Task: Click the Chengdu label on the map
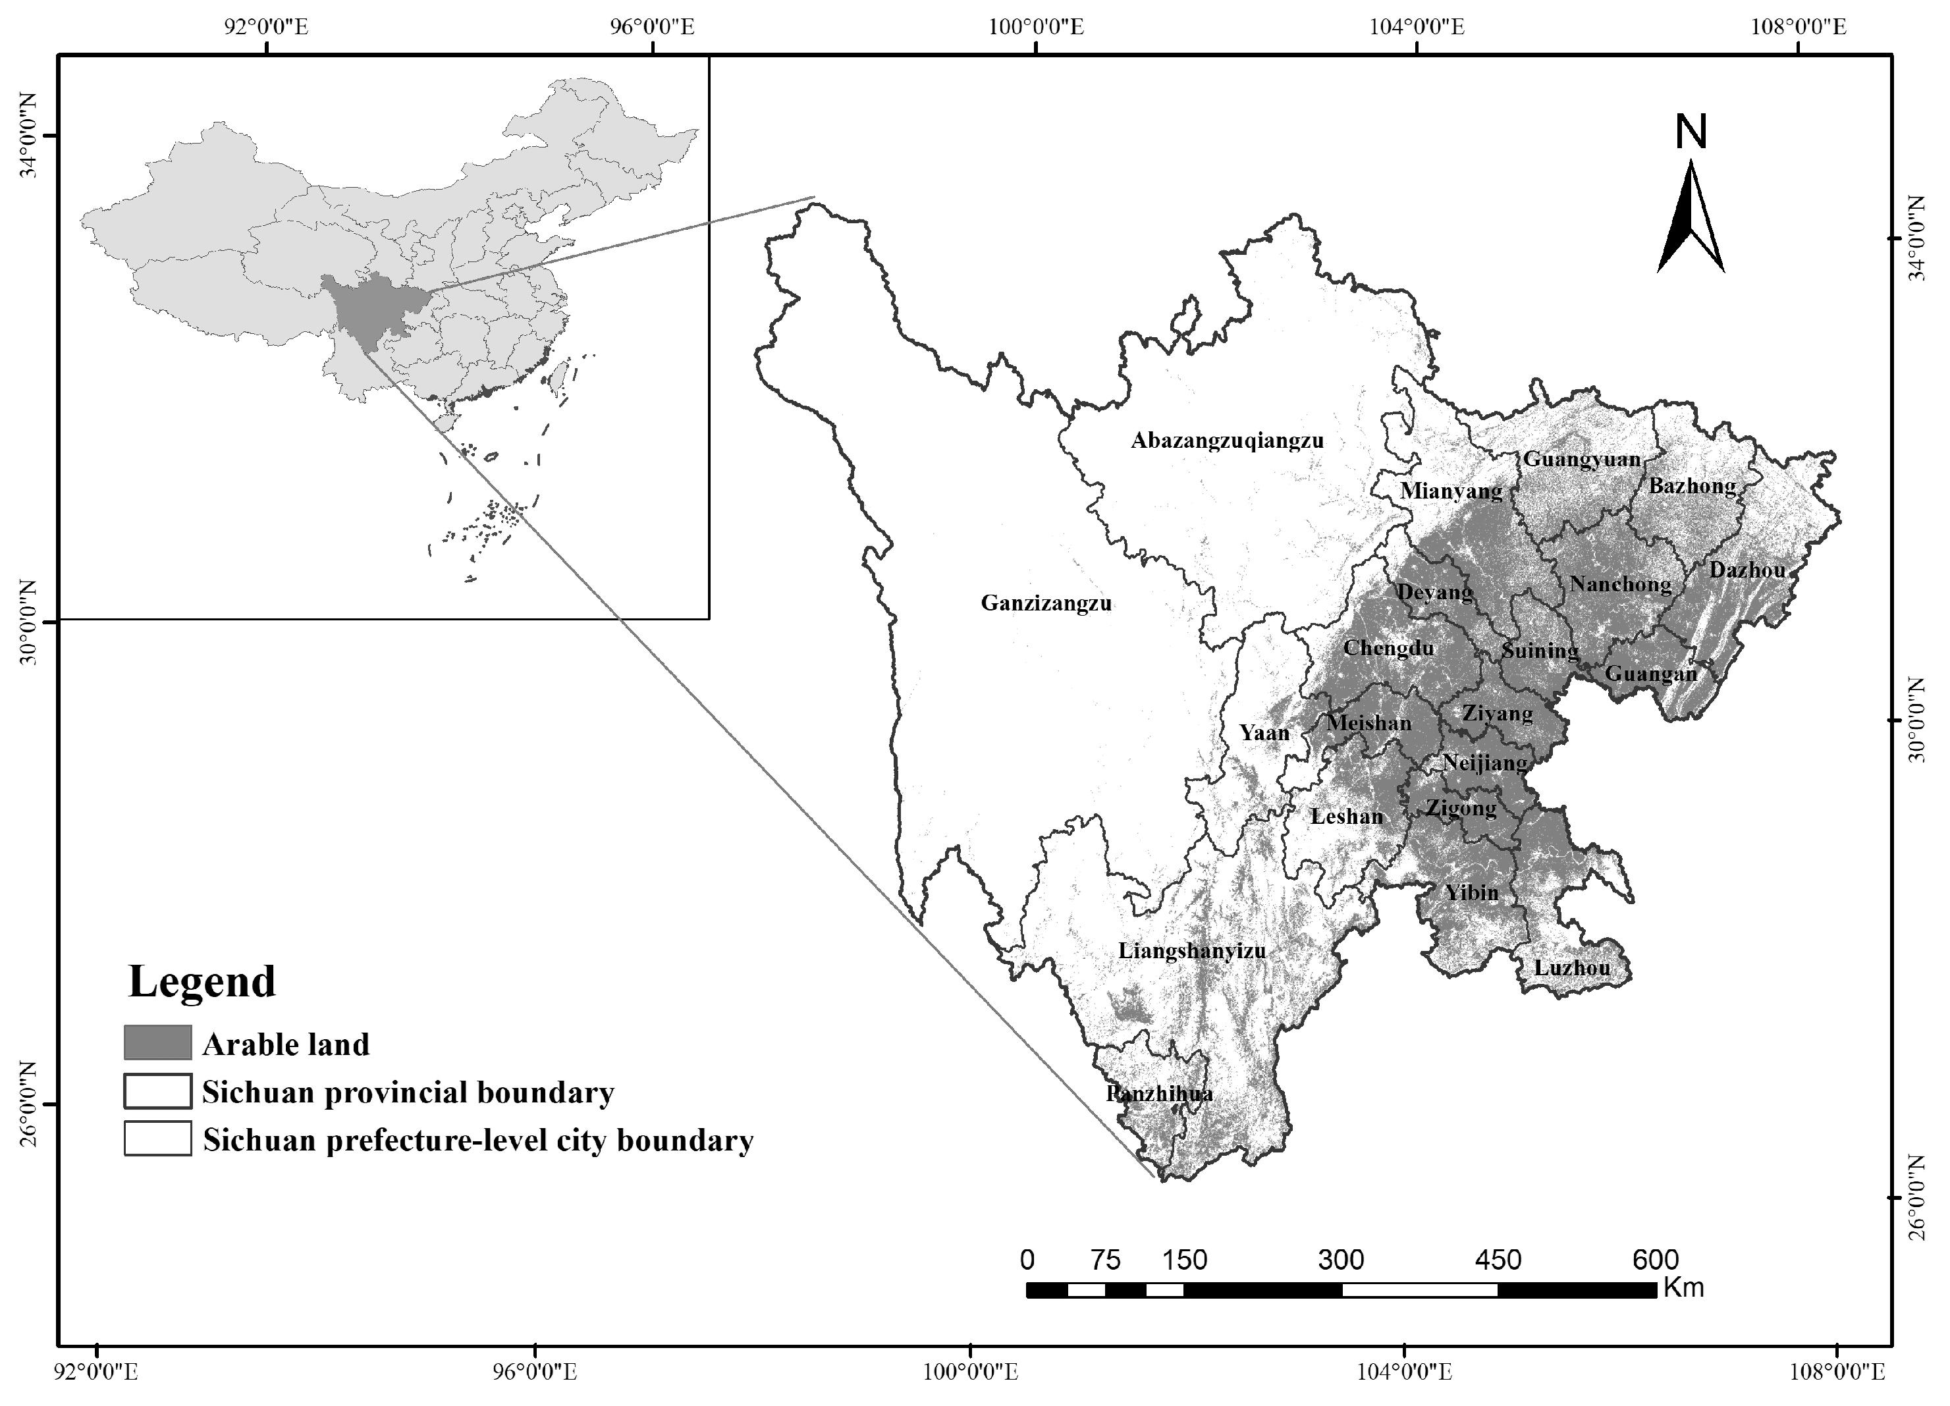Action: click(x=1388, y=647)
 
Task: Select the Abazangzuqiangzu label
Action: click(x=1227, y=441)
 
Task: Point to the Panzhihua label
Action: click(x=1159, y=1094)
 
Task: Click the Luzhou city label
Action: click(x=1572, y=967)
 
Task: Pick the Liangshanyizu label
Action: click(x=1192, y=950)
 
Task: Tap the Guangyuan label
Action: click(x=1582, y=459)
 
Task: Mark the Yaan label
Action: click(x=1264, y=733)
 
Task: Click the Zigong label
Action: click(x=1461, y=807)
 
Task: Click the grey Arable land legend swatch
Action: click(x=157, y=1042)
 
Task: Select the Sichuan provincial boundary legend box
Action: click(x=157, y=1091)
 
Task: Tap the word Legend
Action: click(x=202, y=981)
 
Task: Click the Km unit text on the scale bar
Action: click(x=1683, y=1287)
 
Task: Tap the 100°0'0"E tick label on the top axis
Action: click(x=1035, y=26)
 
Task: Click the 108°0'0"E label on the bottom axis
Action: click(x=1837, y=1370)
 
